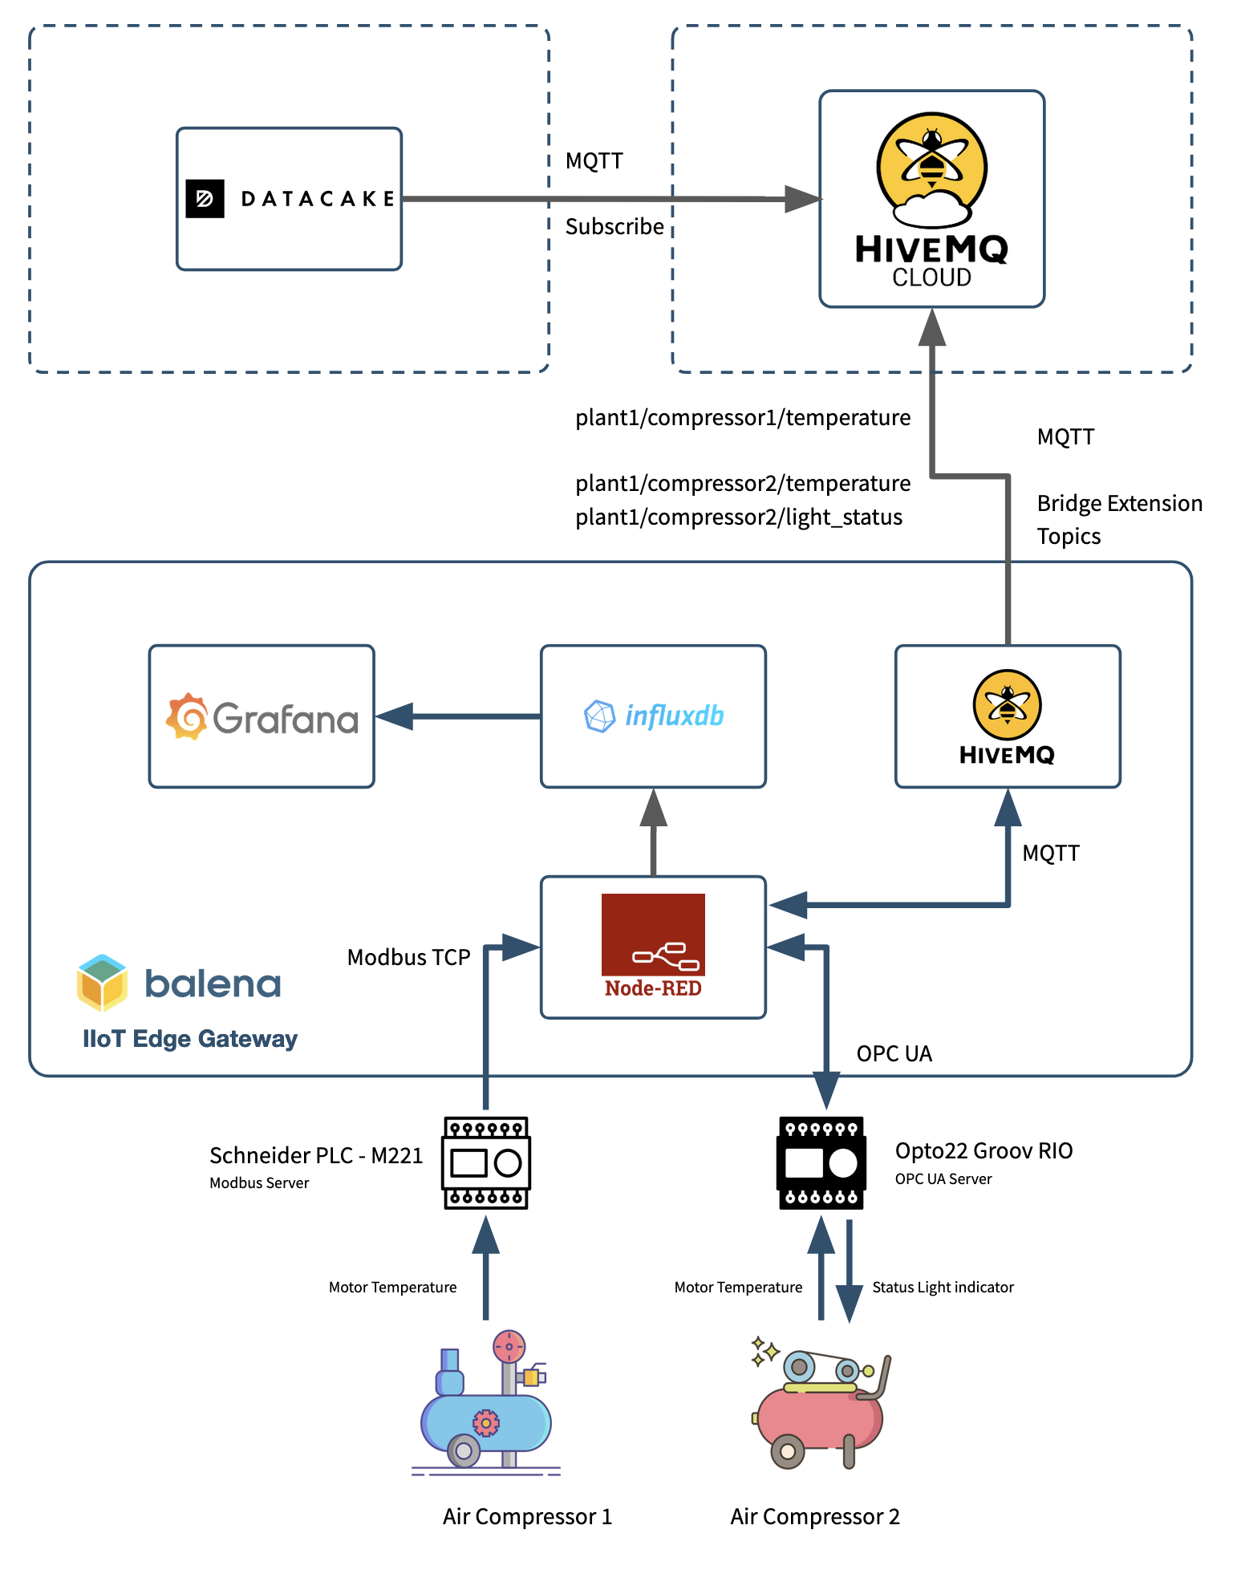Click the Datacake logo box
289,198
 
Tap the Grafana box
262,716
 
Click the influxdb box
653,716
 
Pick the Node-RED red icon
653,934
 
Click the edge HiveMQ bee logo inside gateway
1007,704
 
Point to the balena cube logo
102,983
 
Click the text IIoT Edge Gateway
190,1039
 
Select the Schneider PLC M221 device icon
485,1162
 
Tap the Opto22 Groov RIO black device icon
821,1162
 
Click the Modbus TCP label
408,957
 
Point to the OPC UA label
894,1053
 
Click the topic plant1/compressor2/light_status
739,517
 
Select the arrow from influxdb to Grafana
457,716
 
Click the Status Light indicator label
943,1287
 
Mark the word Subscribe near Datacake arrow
614,227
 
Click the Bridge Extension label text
1119,503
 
